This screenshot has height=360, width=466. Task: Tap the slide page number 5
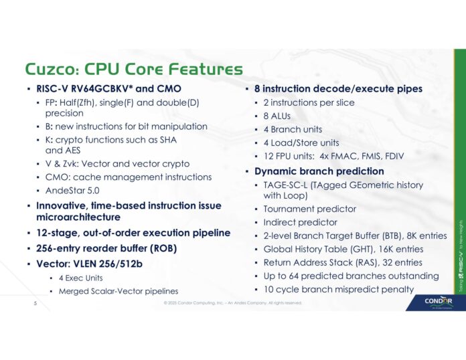35,302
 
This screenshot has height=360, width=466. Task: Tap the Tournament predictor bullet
309,209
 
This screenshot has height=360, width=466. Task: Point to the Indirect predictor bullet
300,222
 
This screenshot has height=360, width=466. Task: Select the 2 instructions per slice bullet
309,102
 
